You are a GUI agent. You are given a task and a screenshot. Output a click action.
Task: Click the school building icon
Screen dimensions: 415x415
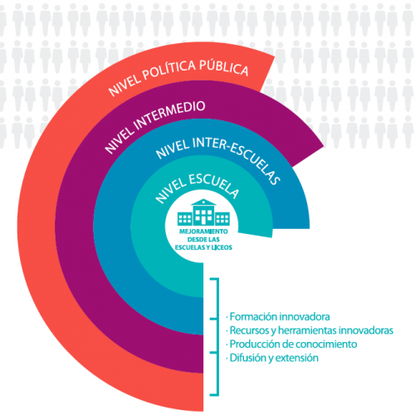pyautogui.click(x=203, y=212)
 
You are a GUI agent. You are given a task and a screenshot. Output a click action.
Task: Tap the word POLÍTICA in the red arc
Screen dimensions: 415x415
pyautogui.click(x=168, y=71)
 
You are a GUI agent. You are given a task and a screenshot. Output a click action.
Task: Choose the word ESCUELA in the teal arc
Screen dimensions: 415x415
pyautogui.click(x=214, y=184)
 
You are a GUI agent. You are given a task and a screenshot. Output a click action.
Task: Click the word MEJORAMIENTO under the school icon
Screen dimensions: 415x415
pyautogui.click(x=203, y=232)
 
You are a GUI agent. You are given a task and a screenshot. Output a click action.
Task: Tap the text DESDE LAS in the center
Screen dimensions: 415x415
pyautogui.click(x=203, y=239)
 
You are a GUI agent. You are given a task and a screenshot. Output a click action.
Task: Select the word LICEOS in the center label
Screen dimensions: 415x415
pyautogui.click(x=222, y=247)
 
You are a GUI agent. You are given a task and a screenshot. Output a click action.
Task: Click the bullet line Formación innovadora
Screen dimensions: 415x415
pyautogui.click(x=278, y=316)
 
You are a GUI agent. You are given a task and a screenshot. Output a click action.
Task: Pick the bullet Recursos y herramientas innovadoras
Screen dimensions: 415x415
pyautogui.click(x=310, y=330)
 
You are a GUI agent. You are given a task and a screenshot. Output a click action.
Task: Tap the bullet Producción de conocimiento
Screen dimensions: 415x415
pyautogui.click(x=291, y=344)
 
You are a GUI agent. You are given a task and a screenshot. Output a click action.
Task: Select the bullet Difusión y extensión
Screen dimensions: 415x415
pyautogui.click(x=272, y=358)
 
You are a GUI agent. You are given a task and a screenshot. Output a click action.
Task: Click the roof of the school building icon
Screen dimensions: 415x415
pyautogui.click(x=203, y=203)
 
